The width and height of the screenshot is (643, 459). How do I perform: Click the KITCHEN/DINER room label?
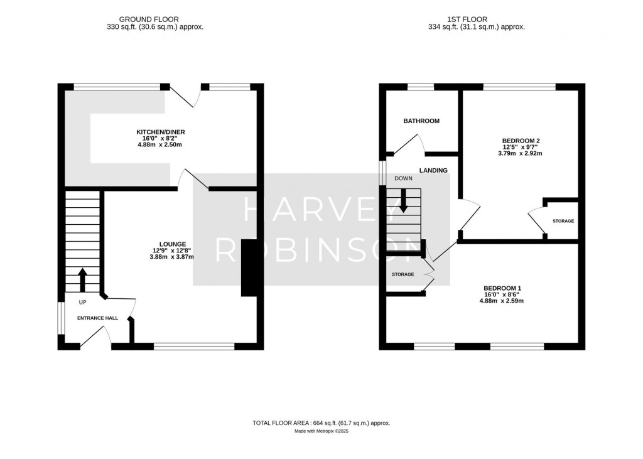(161, 132)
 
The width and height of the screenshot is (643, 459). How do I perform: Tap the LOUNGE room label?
(173, 244)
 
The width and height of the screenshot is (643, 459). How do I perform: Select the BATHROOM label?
(421, 121)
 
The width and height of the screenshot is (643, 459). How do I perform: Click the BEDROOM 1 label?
(502, 288)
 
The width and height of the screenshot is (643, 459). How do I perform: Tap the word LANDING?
(434, 170)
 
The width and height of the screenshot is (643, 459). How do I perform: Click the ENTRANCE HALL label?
(97, 318)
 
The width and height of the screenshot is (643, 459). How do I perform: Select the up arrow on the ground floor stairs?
(82, 280)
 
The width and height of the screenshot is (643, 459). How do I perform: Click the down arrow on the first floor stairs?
(403, 200)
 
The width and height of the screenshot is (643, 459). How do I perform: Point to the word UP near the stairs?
(82, 303)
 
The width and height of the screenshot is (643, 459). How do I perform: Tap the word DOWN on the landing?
(403, 179)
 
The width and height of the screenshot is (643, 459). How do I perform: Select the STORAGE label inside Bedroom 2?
(563, 222)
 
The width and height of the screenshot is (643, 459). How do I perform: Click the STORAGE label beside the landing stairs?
(403, 274)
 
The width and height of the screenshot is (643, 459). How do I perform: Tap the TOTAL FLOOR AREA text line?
(321, 423)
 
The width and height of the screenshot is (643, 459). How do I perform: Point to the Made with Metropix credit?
(321, 431)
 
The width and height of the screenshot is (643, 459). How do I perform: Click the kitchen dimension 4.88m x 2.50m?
(161, 144)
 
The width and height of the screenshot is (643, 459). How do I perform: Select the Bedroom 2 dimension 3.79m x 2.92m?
(520, 153)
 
